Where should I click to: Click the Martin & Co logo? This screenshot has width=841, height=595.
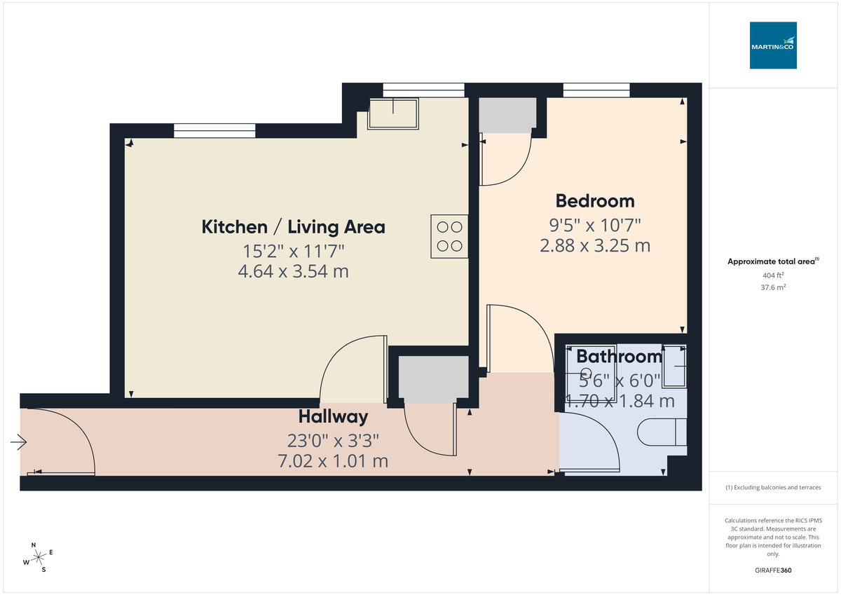[773, 45]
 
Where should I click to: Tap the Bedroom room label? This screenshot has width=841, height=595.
[595, 201]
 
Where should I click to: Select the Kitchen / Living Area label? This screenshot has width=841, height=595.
[293, 227]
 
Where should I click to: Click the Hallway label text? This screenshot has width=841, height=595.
[333, 417]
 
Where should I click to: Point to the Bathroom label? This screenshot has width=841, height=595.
[619, 357]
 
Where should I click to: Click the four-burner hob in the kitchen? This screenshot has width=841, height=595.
[449, 236]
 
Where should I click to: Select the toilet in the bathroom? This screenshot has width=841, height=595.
[662, 432]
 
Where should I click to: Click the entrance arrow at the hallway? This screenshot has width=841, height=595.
[18, 442]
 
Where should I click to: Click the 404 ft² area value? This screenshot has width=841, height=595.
[773, 275]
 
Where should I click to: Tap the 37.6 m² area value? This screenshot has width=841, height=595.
[773, 287]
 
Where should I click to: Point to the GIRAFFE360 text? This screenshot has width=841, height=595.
[773, 570]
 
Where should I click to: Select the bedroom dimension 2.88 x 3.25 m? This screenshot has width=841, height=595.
[595, 246]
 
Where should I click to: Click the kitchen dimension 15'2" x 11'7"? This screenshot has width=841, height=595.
[293, 249]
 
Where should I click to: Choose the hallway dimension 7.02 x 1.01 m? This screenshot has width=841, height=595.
[333, 462]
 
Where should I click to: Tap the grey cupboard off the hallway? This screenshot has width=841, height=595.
[432, 378]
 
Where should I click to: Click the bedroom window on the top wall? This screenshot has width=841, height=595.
[596, 90]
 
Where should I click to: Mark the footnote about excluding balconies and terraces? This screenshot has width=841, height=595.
[773, 487]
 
